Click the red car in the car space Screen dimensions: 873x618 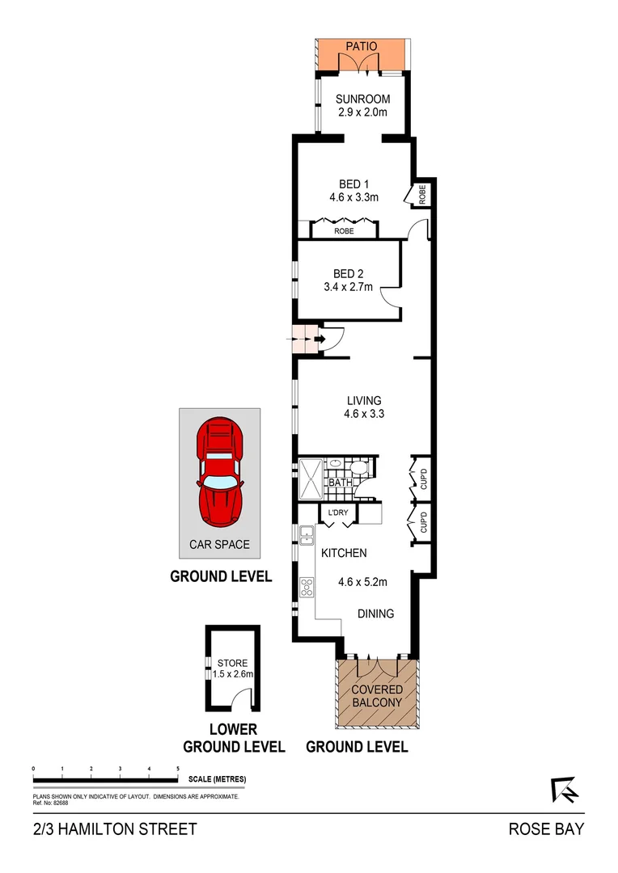pyautogui.click(x=220, y=471)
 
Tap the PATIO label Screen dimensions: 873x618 pyautogui.click(x=362, y=47)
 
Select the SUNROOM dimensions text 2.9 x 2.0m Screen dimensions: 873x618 pyautogui.click(x=363, y=112)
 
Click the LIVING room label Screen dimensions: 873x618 pyautogui.click(x=364, y=400)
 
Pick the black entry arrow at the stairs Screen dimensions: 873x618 pyautogui.click(x=318, y=339)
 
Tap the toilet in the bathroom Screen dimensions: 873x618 pyautogui.click(x=358, y=467)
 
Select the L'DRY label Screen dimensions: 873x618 pyautogui.click(x=337, y=512)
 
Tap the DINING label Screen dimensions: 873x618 pyautogui.click(x=376, y=614)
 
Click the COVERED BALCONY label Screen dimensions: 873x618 pyautogui.click(x=376, y=696)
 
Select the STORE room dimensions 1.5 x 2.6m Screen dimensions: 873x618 pyautogui.click(x=233, y=673)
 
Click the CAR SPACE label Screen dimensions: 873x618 pyautogui.click(x=219, y=544)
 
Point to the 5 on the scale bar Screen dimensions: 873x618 pyautogui.click(x=177, y=769)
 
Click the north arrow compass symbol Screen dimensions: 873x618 pyautogui.click(x=565, y=790)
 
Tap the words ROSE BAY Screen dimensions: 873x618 pyautogui.click(x=545, y=829)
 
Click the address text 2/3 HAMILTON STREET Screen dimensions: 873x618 pyautogui.click(x=115, y=829)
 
